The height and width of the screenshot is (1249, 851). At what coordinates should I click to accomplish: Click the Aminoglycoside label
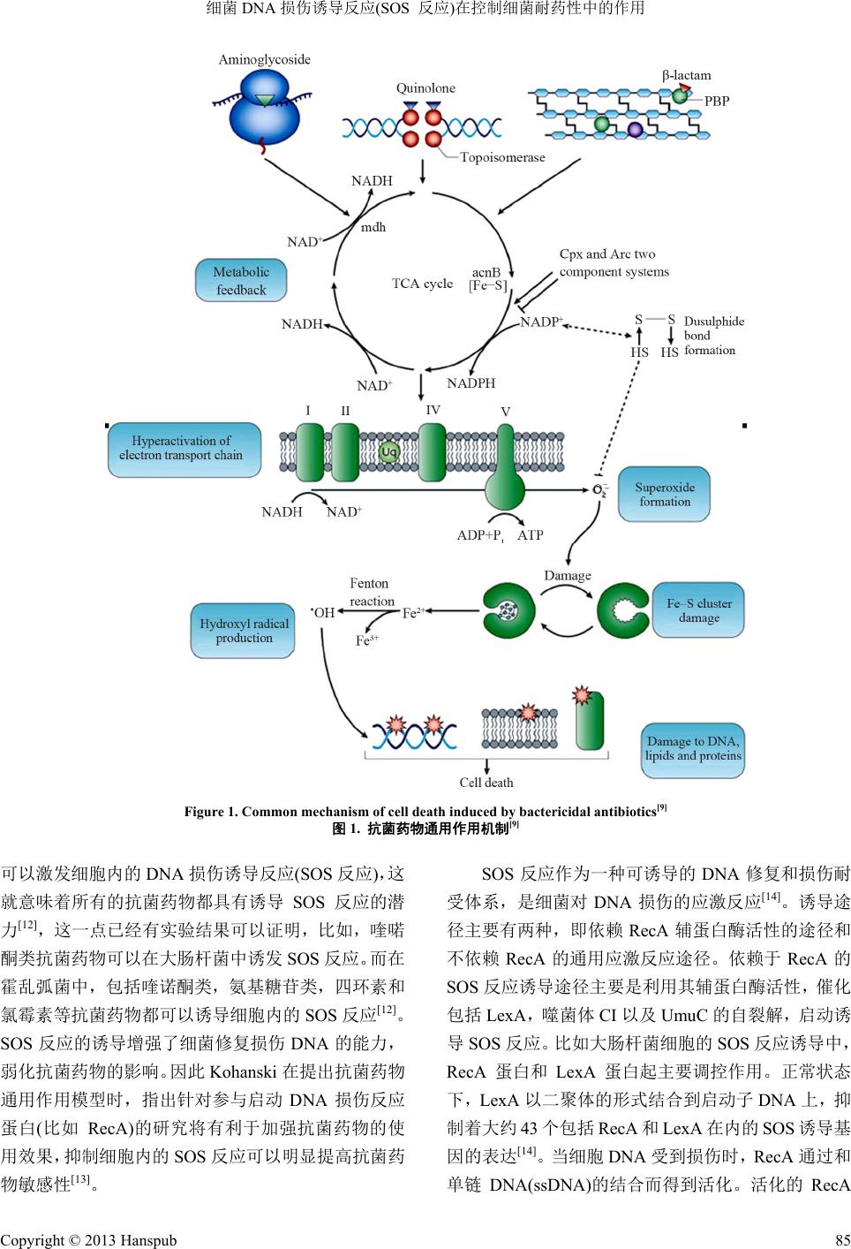point(264,59)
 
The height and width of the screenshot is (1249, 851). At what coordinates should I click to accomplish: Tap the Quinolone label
point(425,87)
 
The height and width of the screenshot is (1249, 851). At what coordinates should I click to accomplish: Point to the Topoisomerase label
point(502,157)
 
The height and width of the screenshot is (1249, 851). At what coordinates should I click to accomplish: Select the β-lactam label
point(687,75)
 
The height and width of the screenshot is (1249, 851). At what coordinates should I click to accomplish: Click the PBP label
point(717,101)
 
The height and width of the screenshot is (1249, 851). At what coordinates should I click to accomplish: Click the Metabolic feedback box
point(241,281)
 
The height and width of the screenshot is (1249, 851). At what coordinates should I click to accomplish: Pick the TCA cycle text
point(422,284)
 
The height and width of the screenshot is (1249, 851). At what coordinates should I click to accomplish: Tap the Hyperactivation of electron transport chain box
point(181,449)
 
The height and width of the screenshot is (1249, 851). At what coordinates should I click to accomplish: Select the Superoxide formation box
point(664,495)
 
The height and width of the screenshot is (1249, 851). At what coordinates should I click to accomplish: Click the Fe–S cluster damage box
point(698,610)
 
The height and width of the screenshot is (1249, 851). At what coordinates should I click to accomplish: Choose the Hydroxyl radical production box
point(244,631)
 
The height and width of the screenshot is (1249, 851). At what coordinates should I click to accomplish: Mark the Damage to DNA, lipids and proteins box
point(692,748)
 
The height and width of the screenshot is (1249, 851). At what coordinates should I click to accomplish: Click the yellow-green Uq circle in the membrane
point(389,452)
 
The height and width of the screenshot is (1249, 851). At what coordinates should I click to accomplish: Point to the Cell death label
point(486,783)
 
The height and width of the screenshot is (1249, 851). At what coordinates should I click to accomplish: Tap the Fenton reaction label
point(371,592)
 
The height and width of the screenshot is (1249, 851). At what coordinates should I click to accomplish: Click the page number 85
point(841,1240)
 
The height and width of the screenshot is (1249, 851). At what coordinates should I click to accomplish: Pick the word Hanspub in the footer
point(151,1240)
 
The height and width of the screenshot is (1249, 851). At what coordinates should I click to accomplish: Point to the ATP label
point(530,535)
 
